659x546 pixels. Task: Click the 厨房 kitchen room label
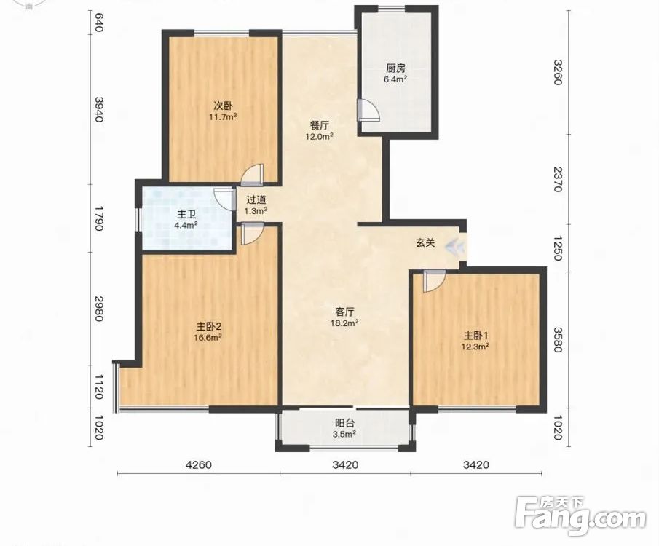[395, 68]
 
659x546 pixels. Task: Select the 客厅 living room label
[344, 312]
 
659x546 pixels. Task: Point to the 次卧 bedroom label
[223, 106]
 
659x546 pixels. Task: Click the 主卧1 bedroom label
[475, 336]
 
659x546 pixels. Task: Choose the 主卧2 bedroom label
[208, 326]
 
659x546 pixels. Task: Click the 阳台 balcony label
[344, 424]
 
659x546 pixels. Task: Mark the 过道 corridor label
[256, 200]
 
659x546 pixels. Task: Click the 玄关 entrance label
[425, 243]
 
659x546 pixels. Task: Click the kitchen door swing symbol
[368, 111]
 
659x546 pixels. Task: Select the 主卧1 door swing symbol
[434, 281]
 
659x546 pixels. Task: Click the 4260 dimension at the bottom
[198, 465]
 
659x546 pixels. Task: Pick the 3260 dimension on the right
[557, 72]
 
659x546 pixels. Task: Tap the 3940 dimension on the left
[98, 109]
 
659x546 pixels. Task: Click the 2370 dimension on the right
[557, 180]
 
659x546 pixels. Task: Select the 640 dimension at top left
[98, 23]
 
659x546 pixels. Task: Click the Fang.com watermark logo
[580, 516]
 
